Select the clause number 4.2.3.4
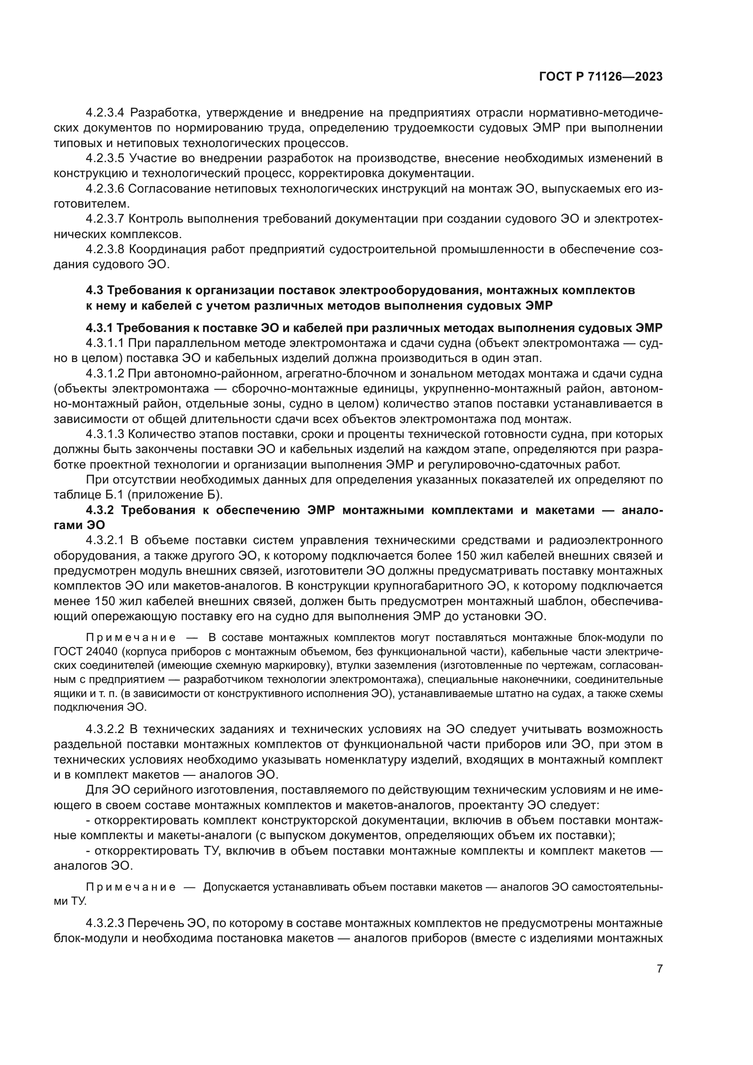[x=105, y=113]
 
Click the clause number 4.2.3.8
[x=105, y=250]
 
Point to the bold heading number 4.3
[x=95, y=290]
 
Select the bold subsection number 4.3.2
[x=100, y=510]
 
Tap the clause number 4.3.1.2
[x=105, y=373]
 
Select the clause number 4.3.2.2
[x=105, y=729]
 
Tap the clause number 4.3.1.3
[x=105, y=434]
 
